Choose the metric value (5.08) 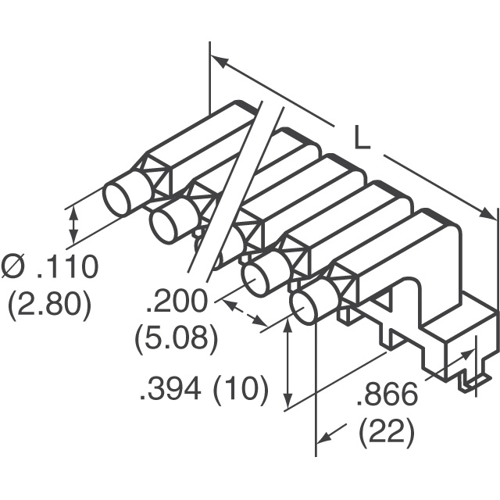click(x=176, y=338)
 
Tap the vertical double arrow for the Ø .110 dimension click(x=74, y=225)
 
